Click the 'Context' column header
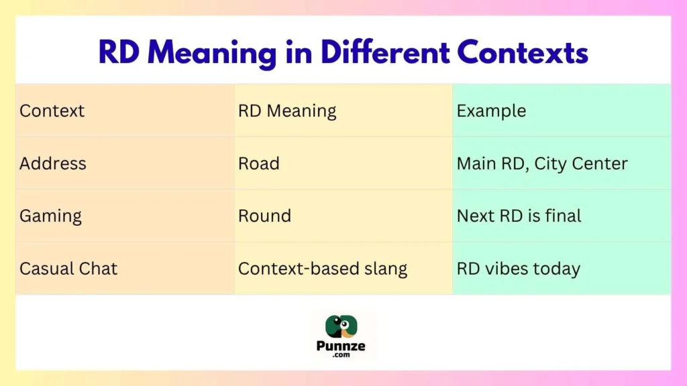click(52, 111)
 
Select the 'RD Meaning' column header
click(287, 111)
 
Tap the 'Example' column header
click(491, 111)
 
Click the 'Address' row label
click(53, 164)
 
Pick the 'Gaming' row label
click(50, 216)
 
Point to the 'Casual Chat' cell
click(68, 269)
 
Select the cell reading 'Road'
click(258, 164)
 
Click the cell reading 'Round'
click(264, 216)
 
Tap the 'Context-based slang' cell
click(323, 269)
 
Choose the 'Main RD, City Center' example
click(542, 164)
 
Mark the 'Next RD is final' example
click(519, 216)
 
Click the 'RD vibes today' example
click(518, 269)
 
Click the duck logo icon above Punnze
click(341, 326)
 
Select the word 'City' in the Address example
click(553, 164)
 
